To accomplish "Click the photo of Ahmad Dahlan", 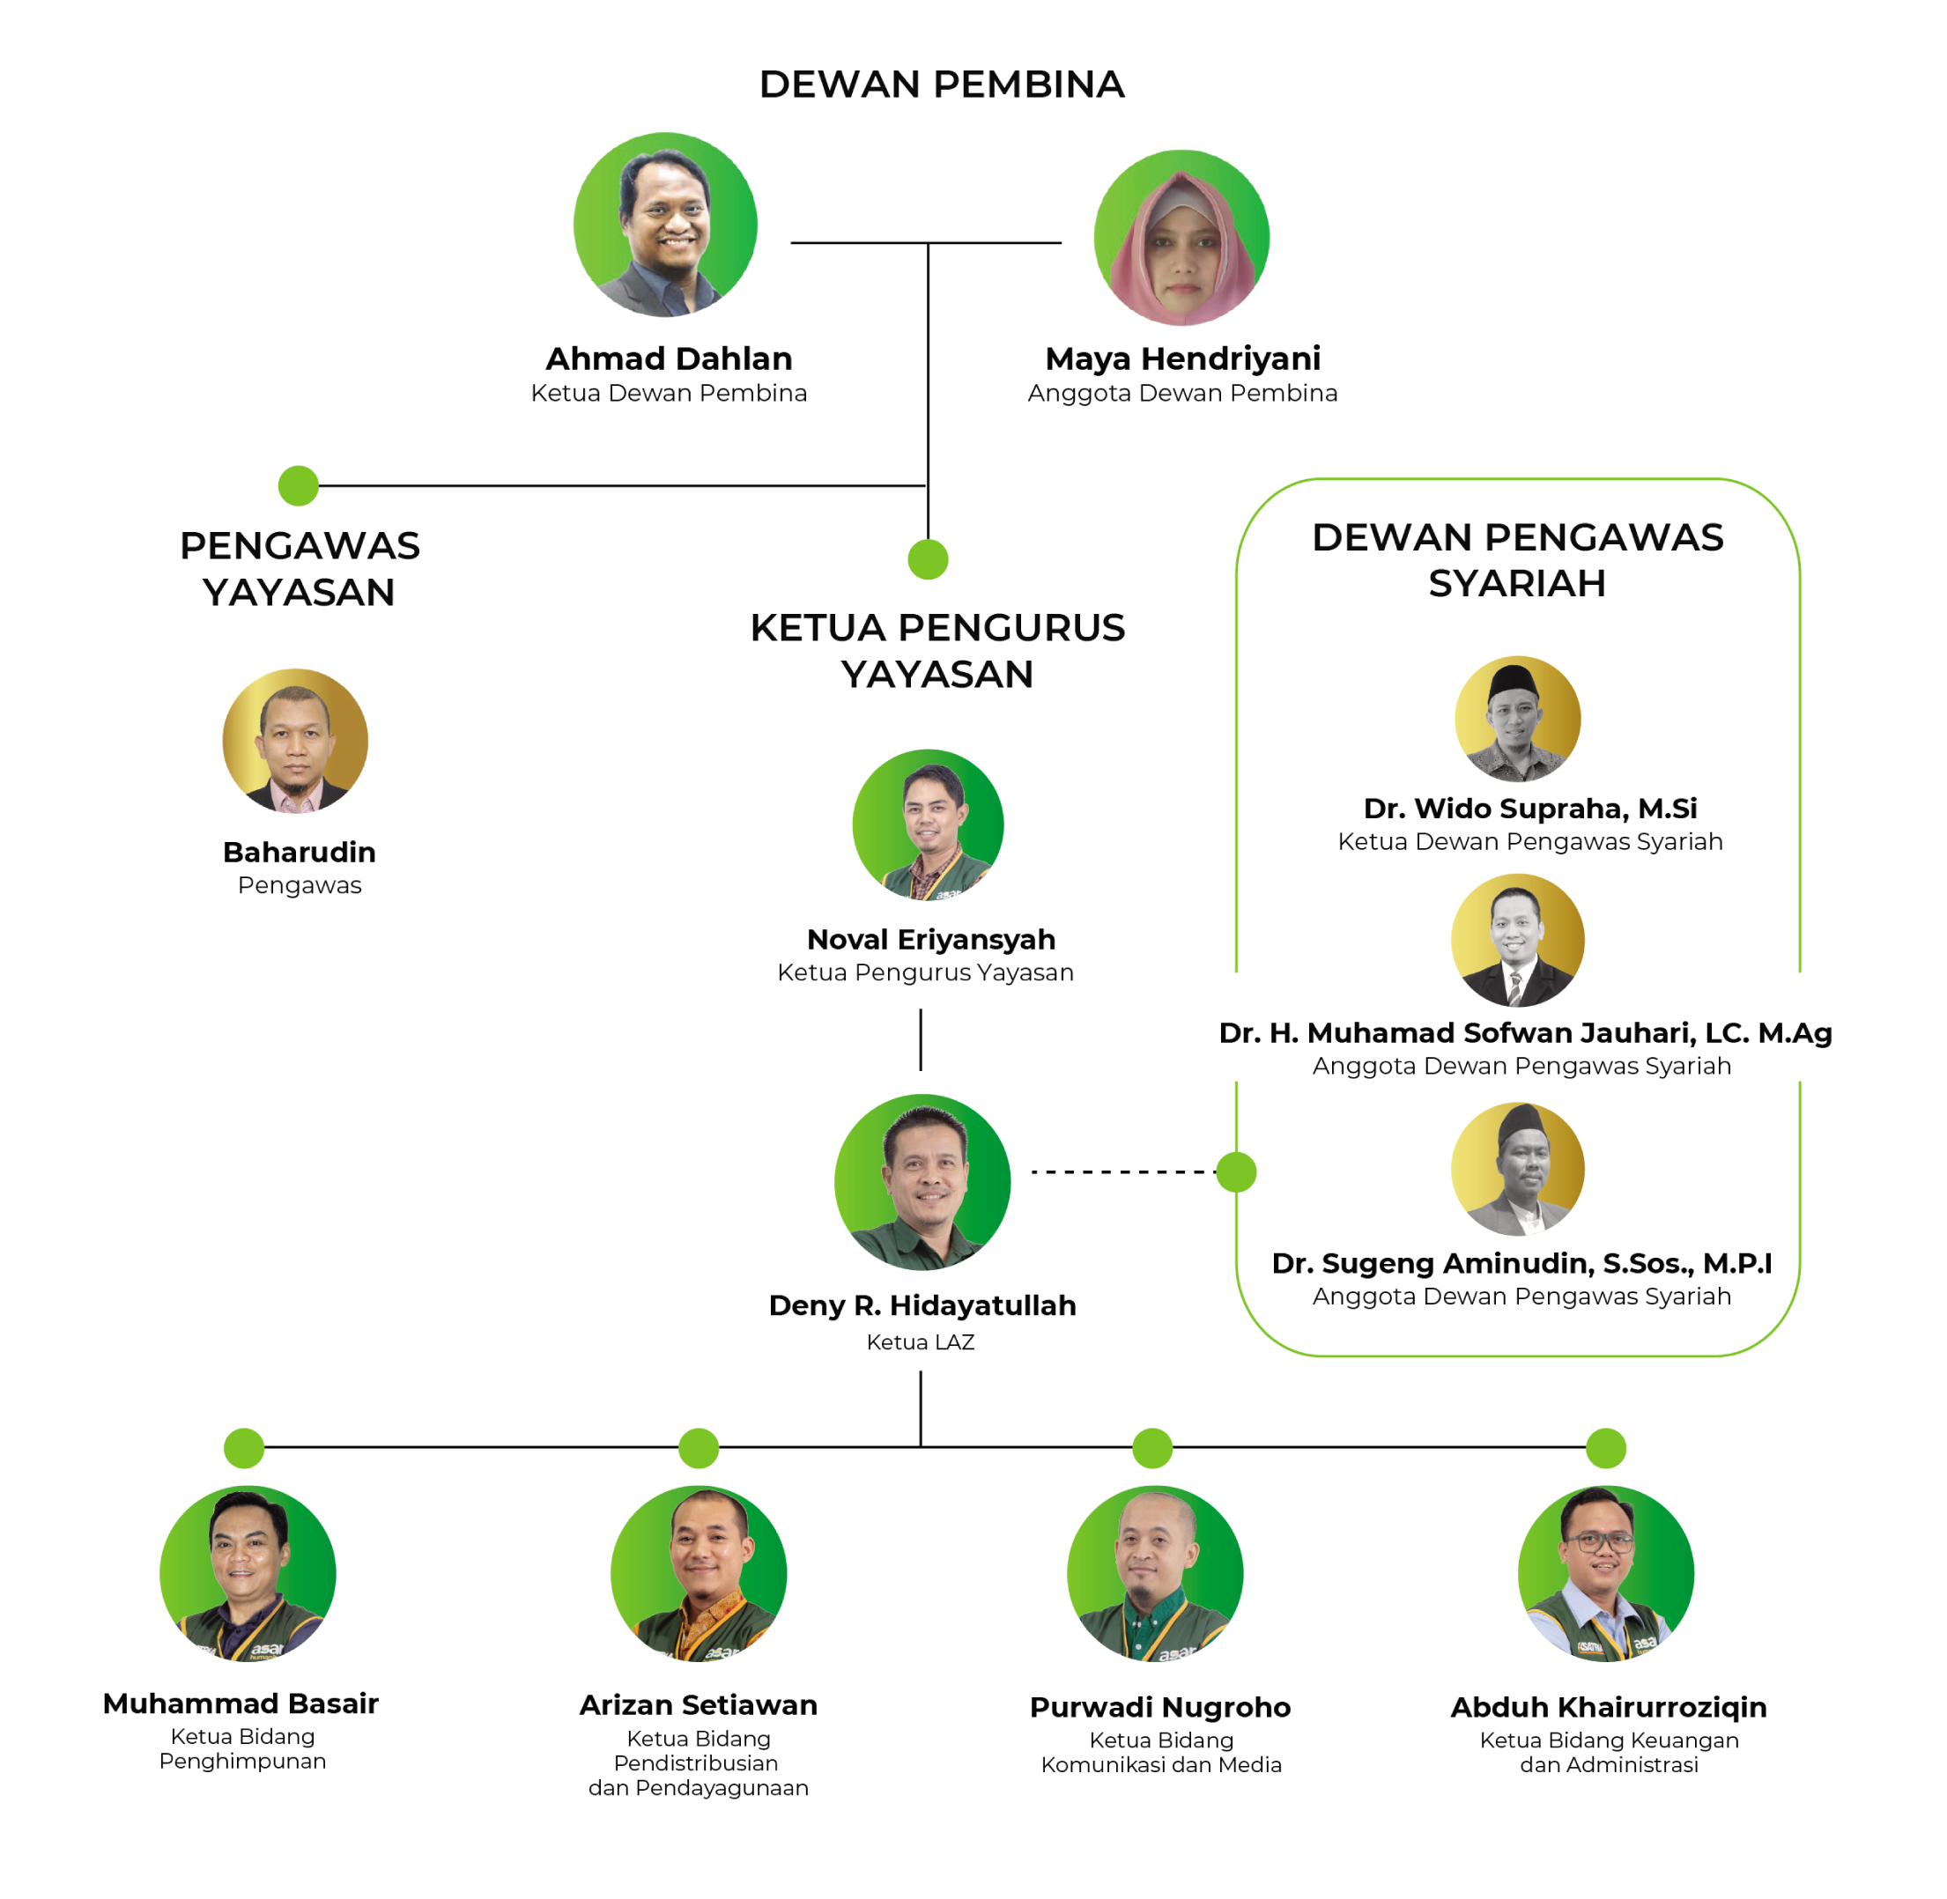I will click(665, 225).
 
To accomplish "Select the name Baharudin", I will click(300, 853).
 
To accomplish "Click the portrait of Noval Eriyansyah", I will click(928, 824).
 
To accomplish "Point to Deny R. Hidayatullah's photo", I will click(922, 1182).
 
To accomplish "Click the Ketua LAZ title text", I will click(920, 1342).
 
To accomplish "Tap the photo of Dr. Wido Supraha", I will click(1517, 718).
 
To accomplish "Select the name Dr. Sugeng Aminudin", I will click(1521, 1264).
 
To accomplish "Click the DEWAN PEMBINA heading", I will click(942, 85).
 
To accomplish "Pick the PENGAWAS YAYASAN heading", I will click(300, 568).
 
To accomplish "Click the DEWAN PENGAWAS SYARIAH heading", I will click(1517, 559).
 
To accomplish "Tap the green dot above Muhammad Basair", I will click(243, 1447).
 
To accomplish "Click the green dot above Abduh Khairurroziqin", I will click(1606, 1447).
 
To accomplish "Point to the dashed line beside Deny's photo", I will click(1122, 1172).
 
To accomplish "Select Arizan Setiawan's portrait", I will click(699, 1573).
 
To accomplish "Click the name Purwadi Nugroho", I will click(1160, 1708).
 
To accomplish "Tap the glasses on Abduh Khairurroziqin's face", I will click(1599, 1542).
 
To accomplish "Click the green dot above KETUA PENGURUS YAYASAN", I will click(928, 558).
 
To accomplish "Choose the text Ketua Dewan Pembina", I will click(669, 393).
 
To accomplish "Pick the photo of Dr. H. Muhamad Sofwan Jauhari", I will click(1517, 940).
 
